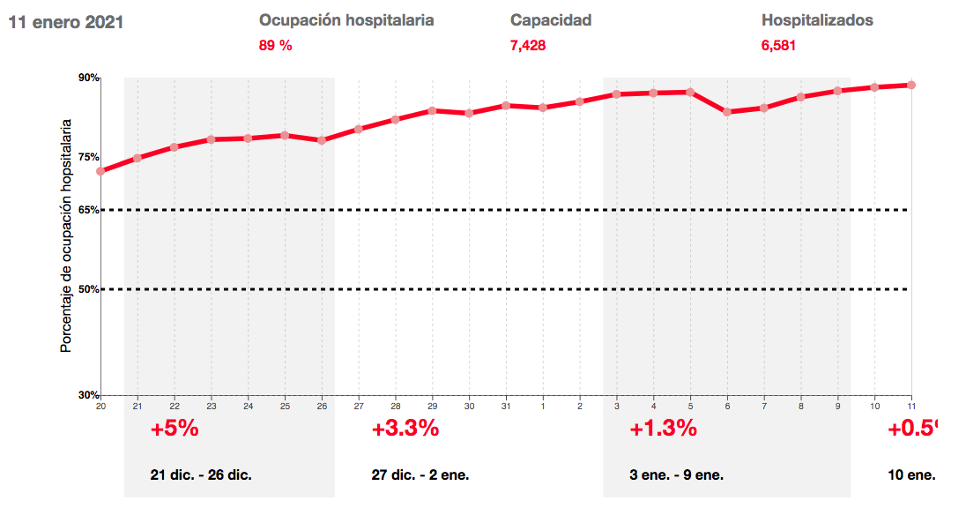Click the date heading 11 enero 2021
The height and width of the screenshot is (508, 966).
pos(65,22)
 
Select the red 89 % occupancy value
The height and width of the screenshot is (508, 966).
pos(275,45)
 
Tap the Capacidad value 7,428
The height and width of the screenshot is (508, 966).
pos(528,45)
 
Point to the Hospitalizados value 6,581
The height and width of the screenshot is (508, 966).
pos(779,45)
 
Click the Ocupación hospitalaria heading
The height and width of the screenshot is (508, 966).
pos(346,20)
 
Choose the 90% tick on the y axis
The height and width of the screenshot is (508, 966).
pos(89,78)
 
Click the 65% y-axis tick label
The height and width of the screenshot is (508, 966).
pos(89,210)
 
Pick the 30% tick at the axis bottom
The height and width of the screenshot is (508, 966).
pos(89,395)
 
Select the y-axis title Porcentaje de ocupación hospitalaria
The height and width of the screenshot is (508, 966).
pos(65,238)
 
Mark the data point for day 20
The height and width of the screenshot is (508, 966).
pos(100,171)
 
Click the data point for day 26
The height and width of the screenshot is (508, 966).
pos(322,140)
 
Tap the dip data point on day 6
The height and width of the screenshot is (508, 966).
pos(727,112)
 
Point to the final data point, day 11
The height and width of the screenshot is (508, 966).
pos(911,85)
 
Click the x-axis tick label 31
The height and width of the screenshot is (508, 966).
pos(506,406)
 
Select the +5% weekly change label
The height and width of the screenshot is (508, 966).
pos(175,430)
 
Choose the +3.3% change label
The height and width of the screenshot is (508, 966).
pos(405,430)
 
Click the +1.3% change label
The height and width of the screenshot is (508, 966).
pos(663,430)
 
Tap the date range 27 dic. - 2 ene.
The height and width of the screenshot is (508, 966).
pos(420,474)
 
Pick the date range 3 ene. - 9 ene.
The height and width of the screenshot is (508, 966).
pos(677,474)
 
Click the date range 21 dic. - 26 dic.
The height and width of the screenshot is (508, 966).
pos(201,474)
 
